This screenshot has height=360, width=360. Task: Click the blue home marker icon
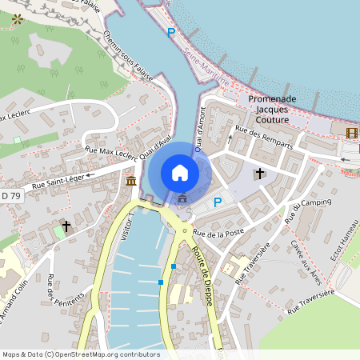tap(180, 172)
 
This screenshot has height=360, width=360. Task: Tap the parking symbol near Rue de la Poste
tap(217, 203)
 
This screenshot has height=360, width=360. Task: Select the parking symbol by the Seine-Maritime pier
tap(170, 32)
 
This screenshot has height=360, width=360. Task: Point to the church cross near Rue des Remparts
tap(258, 173)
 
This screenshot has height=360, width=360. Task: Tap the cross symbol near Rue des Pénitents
tap(66, 227)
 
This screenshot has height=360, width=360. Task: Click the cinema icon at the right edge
tap(352, 132)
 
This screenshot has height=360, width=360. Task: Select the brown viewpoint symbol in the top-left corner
tap(17, 18)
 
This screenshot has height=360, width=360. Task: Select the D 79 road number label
tap(9, 195)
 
